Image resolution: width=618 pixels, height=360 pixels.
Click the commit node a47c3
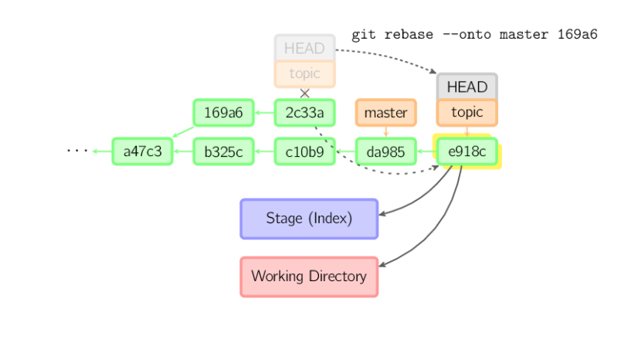pyautogui.click(x=142, y=151)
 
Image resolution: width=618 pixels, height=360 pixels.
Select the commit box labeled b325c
pyautogui.click(x=223, y=151)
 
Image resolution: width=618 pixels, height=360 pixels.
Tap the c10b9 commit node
pyautogui.click(x=304, y=151)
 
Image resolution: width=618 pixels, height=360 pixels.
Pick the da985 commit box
pyautogui.click(x=385, y=151)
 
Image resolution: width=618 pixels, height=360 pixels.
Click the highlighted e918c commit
pyautogui.click(x=467, y=151)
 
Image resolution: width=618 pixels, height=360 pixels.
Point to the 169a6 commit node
pyautogui.click(x=223, y=113)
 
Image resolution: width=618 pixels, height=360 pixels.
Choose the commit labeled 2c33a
pyautogui.click(x=304, y=113)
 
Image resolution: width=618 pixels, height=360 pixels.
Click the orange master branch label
pyautogui.click(x=385, y=113)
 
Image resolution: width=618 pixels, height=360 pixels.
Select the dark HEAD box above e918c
pyautogui.click(x=467, y=87)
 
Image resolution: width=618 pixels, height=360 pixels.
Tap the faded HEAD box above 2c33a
pyautogui.click(x=304, y=47)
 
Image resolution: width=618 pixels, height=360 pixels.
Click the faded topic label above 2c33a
pyautogui.click(x=304, y=74)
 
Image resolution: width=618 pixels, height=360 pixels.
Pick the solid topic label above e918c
pyautogui.click(x=467, y=113)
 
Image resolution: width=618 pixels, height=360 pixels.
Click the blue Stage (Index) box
pyautogui.click(x=308, y=219)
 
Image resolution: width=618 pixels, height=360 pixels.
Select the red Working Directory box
pyautogui.click(x=308, y=277)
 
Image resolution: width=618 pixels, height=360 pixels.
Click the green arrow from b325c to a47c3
pyautogui.click(x=183, y=151)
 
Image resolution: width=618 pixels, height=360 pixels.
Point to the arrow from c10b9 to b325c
pyautogui.click(x=264, y=151)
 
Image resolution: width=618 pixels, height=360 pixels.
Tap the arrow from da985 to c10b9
pyautogui.click(x=345, y=151)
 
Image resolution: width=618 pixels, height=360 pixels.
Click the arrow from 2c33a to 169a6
pyautogui.click(x=264, y=113)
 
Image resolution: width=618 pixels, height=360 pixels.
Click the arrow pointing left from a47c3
pyautogui.click(x=101, y=151)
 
